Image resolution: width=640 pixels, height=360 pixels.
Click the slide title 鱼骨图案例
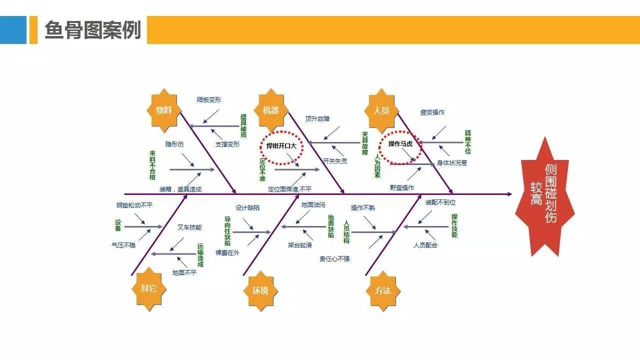tap(92, 30)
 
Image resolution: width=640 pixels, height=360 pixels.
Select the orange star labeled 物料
tap(163, 110)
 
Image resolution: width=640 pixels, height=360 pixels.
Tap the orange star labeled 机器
tap(271, 110)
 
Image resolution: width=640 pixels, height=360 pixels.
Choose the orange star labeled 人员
tap(381, 110)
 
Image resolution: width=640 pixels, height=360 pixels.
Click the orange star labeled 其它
tap(148, 288)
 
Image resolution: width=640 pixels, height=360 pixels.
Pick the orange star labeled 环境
tap(260, 290)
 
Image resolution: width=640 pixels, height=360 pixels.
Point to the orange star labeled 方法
tap(382, 290)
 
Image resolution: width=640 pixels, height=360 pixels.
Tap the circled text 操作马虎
tap(400, 144)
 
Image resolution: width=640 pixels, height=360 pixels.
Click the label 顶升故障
tap(317, 119)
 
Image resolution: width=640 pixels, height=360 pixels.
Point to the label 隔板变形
tap(209, 100)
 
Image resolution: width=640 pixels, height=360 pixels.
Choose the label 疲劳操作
tap(432, 112)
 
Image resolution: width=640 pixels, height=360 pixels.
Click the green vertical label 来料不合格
tap(152, 165)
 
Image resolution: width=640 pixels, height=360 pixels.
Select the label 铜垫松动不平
tap(134, 205)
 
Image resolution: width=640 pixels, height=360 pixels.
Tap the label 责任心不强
tap(334, 258)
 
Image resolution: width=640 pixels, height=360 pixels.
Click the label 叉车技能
tap(189, 227)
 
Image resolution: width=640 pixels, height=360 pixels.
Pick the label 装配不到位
tap(440, 202)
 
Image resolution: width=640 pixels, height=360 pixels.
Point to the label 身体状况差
tap(452, 162)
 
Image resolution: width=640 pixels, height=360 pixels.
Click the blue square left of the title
tap(13, 30)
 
